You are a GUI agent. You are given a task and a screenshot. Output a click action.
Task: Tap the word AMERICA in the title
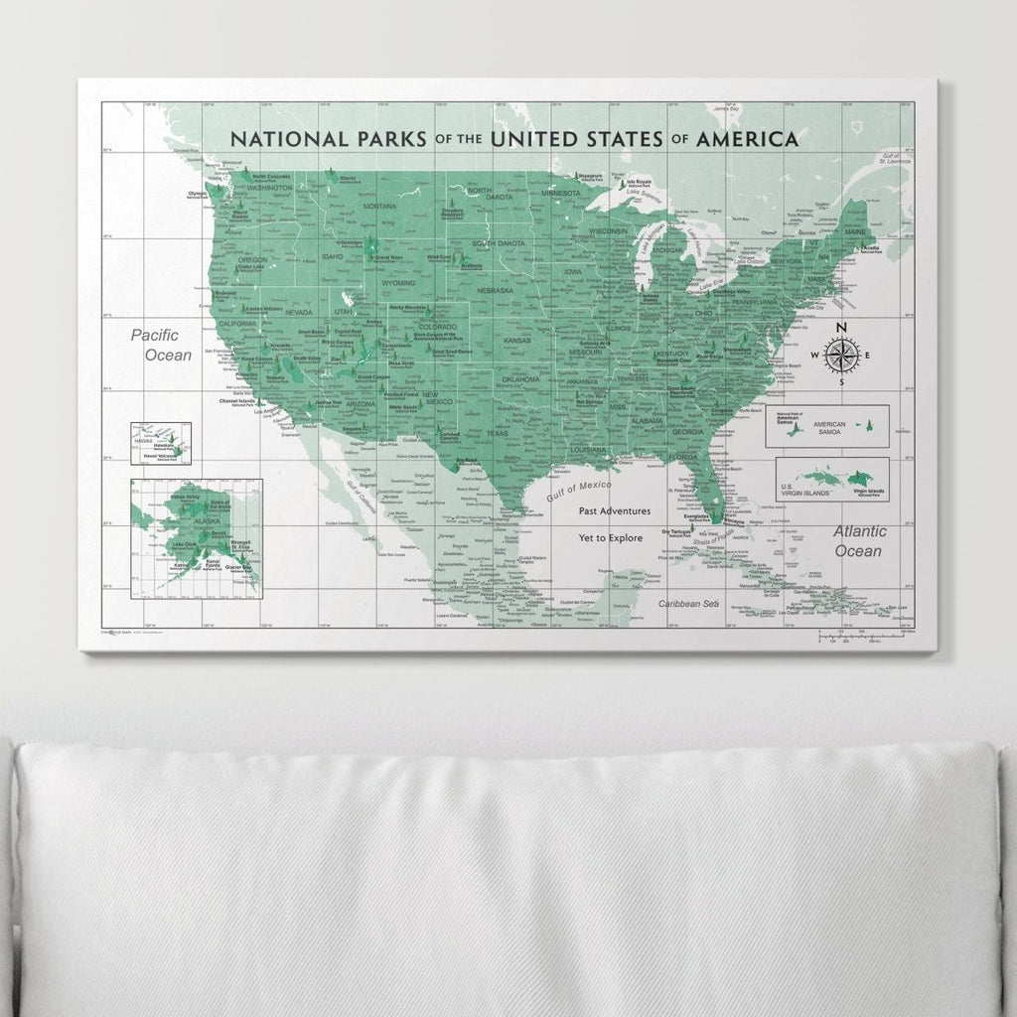[747, 139]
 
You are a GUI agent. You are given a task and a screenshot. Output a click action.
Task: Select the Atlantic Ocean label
[859, 541]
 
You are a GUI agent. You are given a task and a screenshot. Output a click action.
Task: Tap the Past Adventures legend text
[616, 511]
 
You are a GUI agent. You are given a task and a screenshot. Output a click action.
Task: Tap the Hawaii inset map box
[159, 443]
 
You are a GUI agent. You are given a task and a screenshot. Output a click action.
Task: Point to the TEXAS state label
[497, 433]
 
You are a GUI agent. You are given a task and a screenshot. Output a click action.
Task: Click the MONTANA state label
[379, 206]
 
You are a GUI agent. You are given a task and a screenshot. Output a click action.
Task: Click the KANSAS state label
[517, 340]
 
